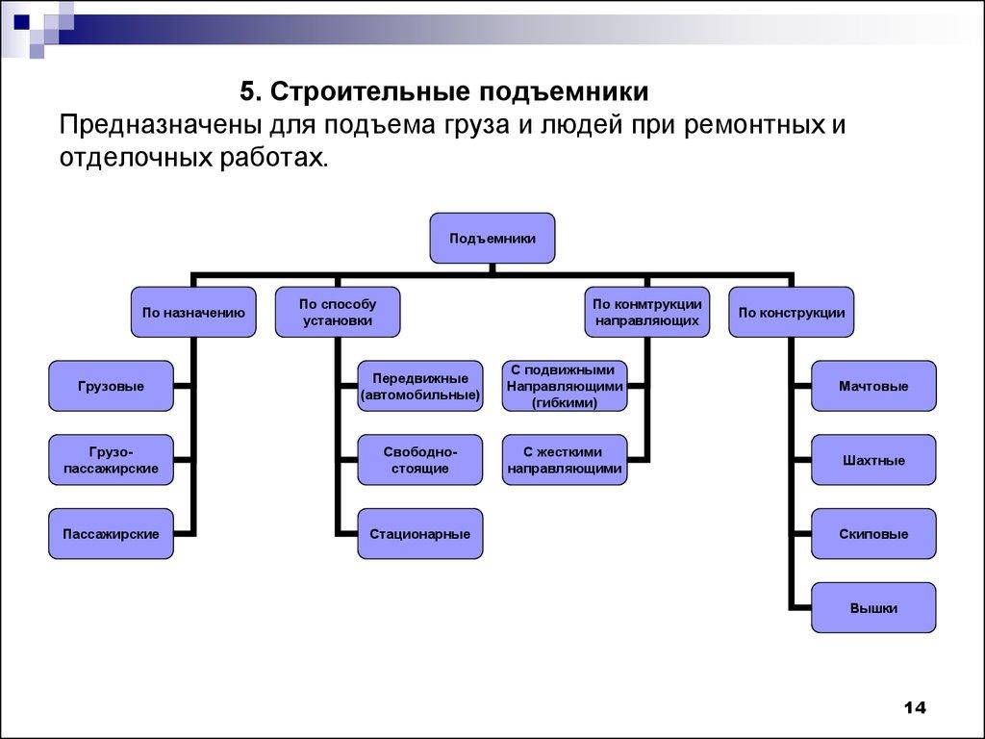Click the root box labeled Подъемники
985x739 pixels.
coord(492,238)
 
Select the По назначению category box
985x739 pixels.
coord(193,312)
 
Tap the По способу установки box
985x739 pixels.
coord(338,312)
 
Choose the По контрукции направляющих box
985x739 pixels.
coord(646,312)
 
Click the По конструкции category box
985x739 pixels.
coord(791,312)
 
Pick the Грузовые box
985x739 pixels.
coord(112,386)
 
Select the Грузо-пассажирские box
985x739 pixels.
coord(112,460)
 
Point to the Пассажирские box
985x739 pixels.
coord(112,533)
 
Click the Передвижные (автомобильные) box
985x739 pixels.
coord(420,386)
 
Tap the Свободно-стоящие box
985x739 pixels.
coord(420,460)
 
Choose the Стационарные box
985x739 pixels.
coord(420,533)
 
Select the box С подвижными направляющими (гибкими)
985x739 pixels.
coord(565,386)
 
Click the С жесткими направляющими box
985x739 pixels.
coord(565,460)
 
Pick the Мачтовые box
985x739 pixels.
coord(873,386)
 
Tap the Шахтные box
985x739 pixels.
coord(873,460)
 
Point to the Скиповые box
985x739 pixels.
coord(873,533)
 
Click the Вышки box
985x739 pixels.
coord(873,607)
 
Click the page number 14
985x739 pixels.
coord(914,708)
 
